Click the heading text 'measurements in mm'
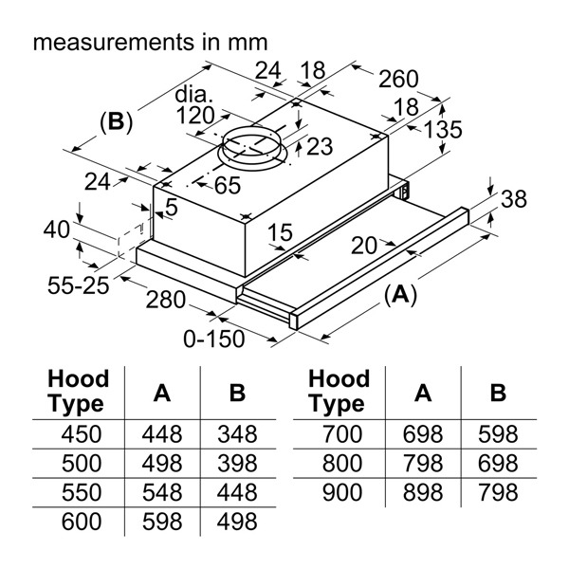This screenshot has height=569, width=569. pos(150,43)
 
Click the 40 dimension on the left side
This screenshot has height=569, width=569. pos(57,229)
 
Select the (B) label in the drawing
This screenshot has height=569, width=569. pos(116,122)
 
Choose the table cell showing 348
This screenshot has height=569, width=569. pos(236,435)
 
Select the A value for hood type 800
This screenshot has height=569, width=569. pos(422,465)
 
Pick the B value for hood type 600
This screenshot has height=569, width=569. pos(236,523)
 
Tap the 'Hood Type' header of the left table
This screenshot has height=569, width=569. pos(78,392)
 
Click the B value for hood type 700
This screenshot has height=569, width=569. pos(498,435)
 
